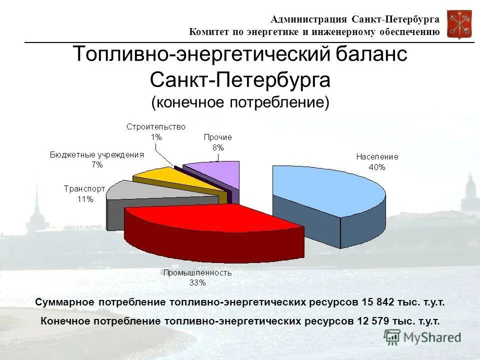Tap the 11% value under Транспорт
pyautogui.click(x=84, y=199)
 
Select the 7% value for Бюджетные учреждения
pyautogui.click(x=97, y=164)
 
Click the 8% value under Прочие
pyautogui.click(x=217, y=147)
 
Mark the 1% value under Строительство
pyautogui.click(x=156, y=136)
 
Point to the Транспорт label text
pyautogui.click(x=84, y=189)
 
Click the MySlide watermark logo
pyautogui.click(x=423, y=336)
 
